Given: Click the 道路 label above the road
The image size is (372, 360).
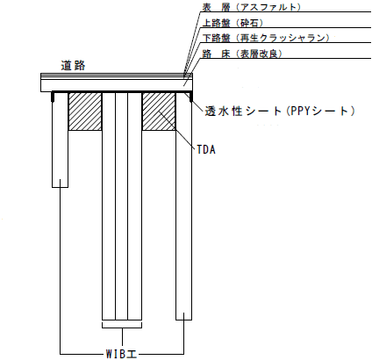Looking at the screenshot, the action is (73, 65).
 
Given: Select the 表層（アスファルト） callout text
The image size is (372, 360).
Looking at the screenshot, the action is (252, 7).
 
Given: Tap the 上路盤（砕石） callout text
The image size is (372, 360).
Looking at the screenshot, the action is (232, 23).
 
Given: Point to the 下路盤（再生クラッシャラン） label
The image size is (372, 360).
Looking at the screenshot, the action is (266, 38).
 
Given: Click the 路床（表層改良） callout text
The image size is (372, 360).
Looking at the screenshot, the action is (242, 54).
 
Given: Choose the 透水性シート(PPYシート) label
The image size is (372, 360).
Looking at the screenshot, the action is (280, 112).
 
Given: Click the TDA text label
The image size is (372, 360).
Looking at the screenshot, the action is (206, 149).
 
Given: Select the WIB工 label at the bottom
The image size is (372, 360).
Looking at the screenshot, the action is (121, 354).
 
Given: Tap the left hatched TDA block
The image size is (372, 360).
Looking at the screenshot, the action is (85, 112).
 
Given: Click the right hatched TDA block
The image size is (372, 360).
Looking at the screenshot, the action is (159, 112).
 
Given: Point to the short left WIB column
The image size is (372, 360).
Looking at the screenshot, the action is (60, 140).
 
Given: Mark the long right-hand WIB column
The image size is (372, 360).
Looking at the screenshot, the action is (183, 206).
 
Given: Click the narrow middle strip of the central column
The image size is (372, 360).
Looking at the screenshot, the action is (121, 206).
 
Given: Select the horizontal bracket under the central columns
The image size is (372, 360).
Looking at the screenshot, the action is (122, 328).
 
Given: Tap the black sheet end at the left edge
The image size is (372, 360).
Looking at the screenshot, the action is (53, 97).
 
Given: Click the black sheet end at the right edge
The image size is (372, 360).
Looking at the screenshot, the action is (191, 97).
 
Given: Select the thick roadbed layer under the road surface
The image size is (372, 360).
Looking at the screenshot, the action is (117, 86).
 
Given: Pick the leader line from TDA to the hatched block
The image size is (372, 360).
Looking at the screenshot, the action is (176, 131).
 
